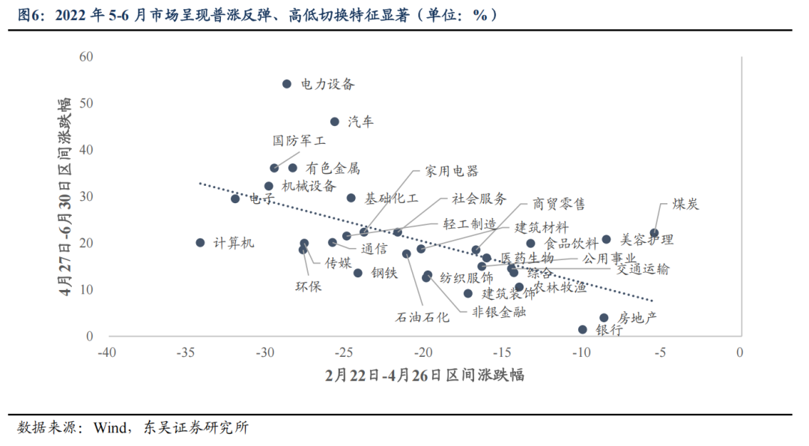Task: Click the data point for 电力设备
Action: pos(286,84)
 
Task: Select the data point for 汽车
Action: pos(335,121)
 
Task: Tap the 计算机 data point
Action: pos(200,242)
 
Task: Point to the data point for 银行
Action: pos(583,329)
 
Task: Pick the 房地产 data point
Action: pos(604,318)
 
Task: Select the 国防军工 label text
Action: pos(299,140)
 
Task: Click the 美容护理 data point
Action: pos(606,240)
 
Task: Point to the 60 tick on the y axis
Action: pos(86,57)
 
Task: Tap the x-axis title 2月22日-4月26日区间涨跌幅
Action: pos(424,375)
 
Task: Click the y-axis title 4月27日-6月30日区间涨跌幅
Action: pos(67,196)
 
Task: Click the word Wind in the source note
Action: pos(109,428)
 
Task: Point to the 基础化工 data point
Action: pos(351,198)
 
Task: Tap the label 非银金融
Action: pos(498,311)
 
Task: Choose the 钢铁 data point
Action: pos(358,273)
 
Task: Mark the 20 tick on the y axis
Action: pos(86,243)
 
